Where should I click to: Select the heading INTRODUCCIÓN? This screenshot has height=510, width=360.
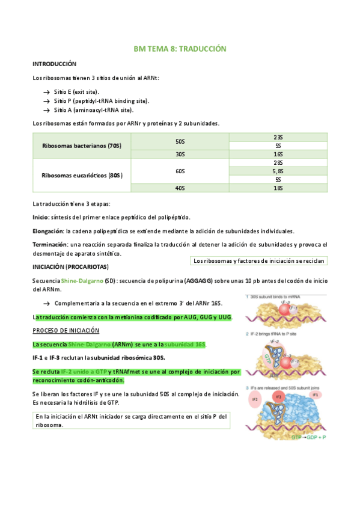54,64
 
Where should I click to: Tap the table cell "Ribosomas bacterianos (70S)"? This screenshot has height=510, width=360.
82,146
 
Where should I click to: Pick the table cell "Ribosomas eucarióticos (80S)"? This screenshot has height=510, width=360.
82,176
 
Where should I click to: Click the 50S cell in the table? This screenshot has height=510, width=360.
180,141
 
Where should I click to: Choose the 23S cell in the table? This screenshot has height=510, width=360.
278,137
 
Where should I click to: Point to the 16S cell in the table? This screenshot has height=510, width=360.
278,154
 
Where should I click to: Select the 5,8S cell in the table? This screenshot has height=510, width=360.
278,171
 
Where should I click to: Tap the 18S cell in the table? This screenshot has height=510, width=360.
278,188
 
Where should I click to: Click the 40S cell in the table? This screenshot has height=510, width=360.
180,188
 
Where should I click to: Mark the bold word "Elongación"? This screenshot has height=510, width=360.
47,231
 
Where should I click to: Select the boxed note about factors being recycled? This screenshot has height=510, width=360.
258,260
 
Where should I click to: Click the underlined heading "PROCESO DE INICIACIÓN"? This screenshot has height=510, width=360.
66,331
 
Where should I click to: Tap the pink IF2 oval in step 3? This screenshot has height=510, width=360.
255,399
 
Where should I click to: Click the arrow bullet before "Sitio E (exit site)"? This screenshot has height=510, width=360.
46,91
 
